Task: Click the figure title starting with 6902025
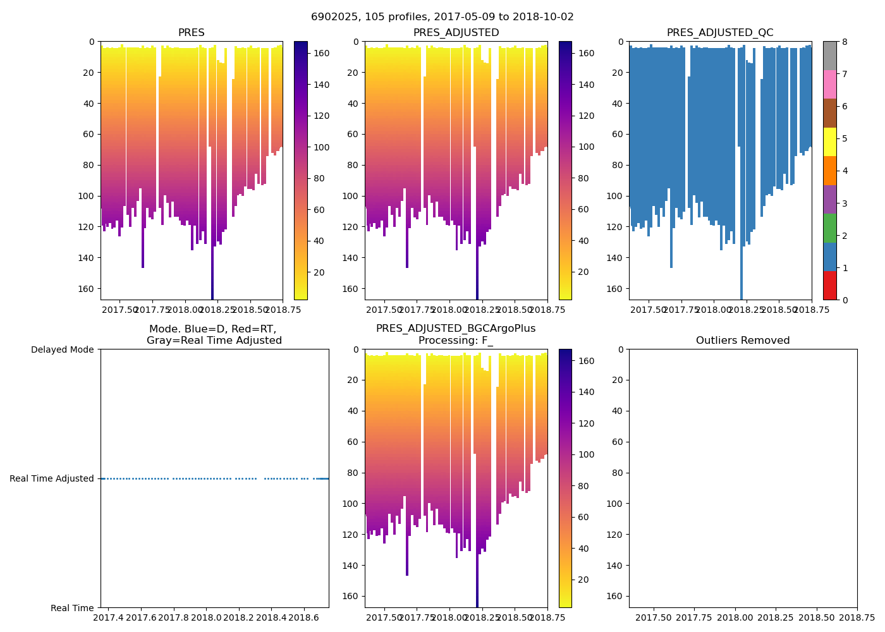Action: [x=442, y=17]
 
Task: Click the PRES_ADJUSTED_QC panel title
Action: [x=720, y=33]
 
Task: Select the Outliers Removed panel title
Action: [x=743, y=341]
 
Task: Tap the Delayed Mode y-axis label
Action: [x=62, y=349]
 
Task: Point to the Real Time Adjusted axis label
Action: [x=52, y=478]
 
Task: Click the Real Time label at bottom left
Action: [x=72, y=608]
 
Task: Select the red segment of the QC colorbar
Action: [x=829, y=285]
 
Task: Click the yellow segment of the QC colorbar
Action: [x=829, y=142]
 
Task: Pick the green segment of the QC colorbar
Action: [x=829, y=228]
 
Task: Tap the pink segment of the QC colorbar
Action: [x=829, y=84]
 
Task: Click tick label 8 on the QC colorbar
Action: [x=845, y=42]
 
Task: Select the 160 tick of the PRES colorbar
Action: [x=322, y=54]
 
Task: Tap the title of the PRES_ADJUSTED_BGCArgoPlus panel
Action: [x=456, y=334]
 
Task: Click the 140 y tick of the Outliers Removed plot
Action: [x=616, y=565]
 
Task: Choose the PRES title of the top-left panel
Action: [x=191, y=33]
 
